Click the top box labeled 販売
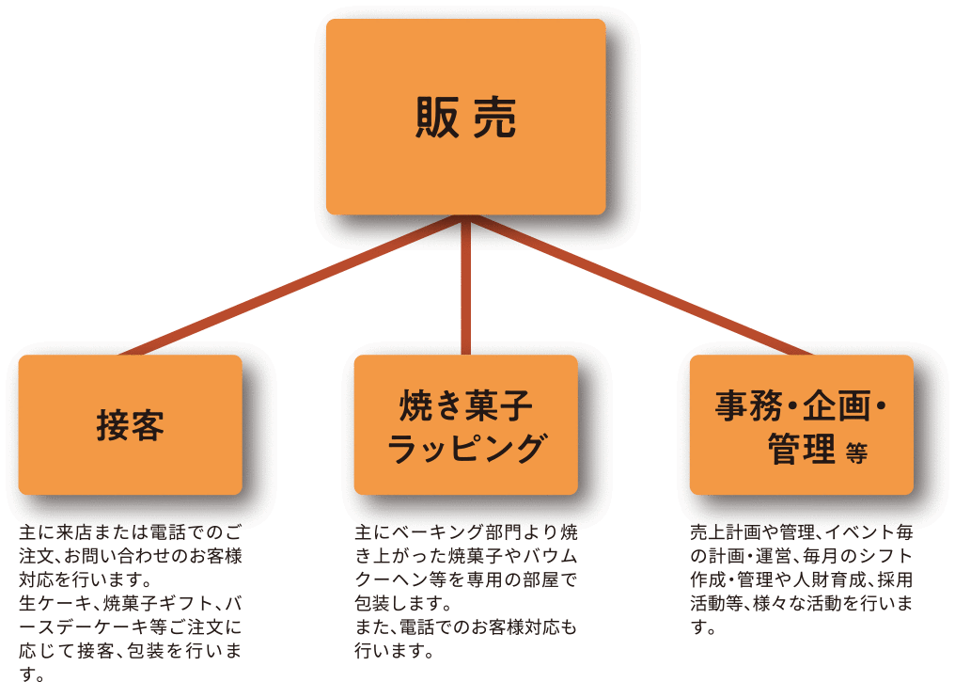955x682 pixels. point(465,117)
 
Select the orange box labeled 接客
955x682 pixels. point(131,425)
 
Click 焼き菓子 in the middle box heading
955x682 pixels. point(466,406)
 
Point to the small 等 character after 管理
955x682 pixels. point(855,452)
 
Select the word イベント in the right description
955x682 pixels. point(858,531)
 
